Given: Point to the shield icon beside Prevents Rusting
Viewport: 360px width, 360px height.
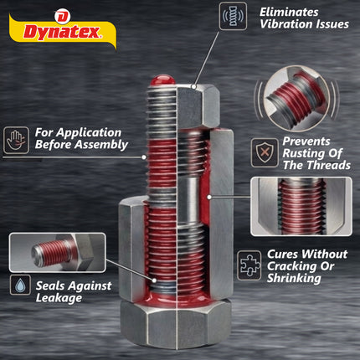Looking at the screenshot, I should point(264,151).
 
